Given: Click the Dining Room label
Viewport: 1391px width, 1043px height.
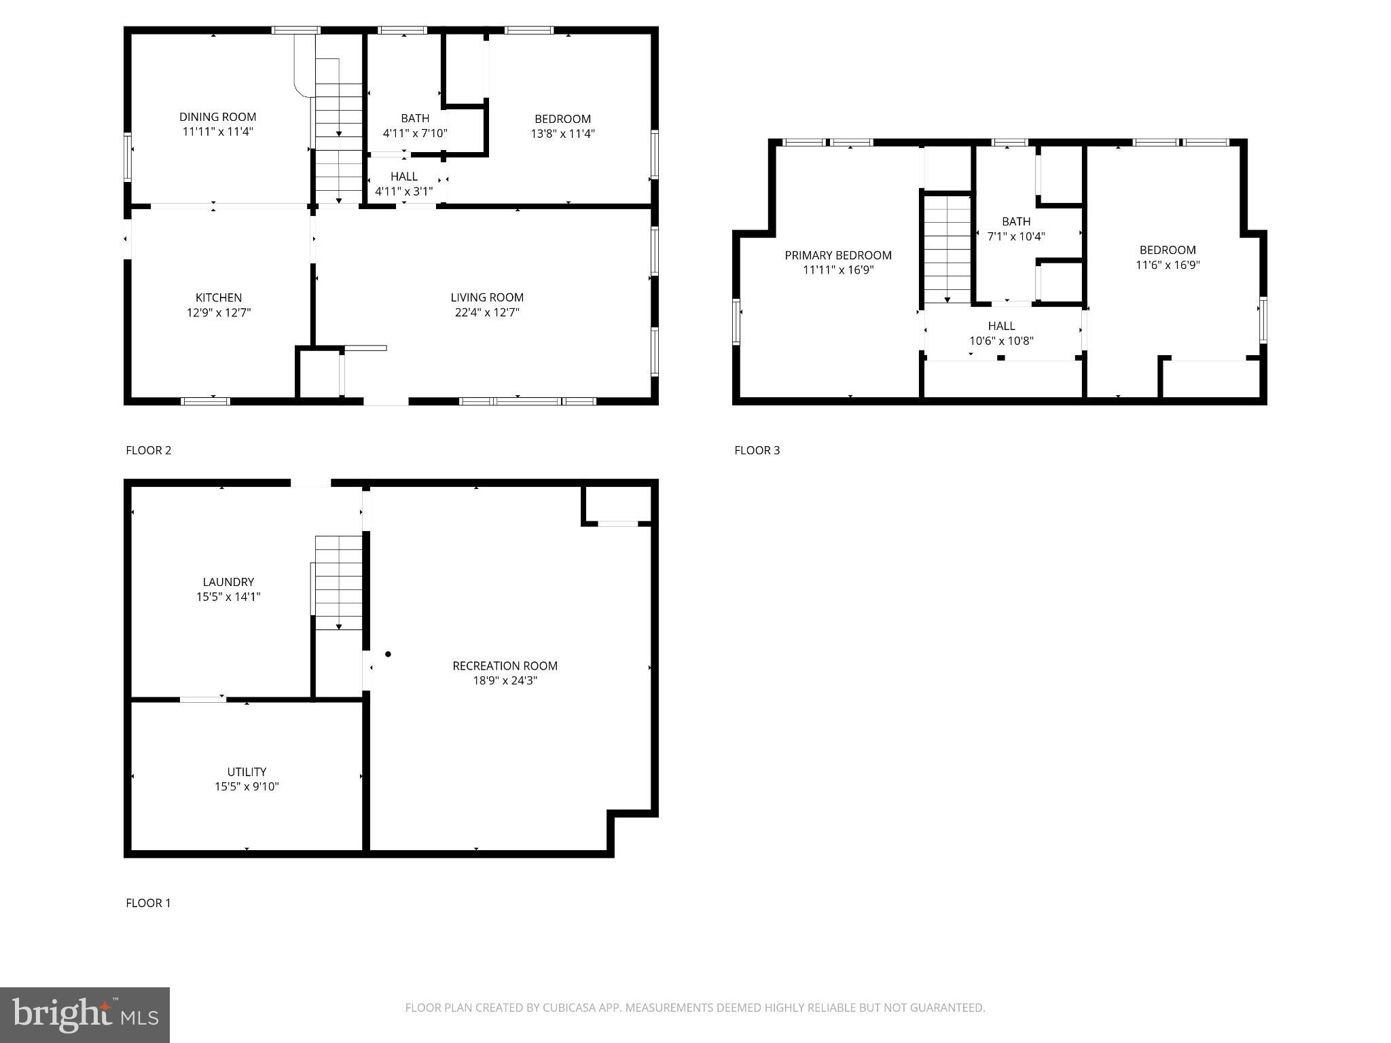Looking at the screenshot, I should pos(217,117).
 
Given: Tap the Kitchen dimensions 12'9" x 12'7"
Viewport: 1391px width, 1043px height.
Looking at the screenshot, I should pos(219,313).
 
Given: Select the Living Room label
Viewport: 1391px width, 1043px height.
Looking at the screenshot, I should pos(487,297).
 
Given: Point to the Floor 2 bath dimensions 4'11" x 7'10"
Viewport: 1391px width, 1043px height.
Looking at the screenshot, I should pos(414,134).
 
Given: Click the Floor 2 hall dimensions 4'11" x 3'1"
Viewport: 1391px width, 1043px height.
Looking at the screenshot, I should pos(403,191).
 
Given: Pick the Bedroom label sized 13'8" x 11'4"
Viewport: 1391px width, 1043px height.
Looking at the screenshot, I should pos(562,119).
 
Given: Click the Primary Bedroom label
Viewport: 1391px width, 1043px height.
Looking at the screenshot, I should pos(837,255).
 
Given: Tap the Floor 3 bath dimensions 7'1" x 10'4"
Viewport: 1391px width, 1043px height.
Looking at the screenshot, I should pos(1015,237).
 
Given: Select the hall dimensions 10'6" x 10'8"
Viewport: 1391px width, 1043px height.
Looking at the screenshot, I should pos(1001,341).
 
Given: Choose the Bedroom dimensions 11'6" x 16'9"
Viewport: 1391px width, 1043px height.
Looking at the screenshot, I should pos(1168,266).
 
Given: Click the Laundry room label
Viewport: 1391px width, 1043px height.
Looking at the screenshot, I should pos(228,582).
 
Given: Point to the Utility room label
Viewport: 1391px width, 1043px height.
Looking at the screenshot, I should pos(247,772).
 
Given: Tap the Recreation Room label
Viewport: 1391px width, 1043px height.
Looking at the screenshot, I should pos(505,666).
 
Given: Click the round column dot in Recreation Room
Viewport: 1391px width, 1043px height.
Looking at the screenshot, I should pos(389,655).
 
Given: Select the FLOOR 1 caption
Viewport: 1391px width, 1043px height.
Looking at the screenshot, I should pos(148,903).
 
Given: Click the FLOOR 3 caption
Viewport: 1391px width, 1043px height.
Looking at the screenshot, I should pos(757,450).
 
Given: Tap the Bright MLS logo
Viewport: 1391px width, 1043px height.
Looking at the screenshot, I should pos(85,1015).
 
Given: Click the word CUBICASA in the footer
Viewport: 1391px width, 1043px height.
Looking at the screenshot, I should pos(569,1008).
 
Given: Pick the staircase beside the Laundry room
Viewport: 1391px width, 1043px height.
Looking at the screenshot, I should pos(338,583).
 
